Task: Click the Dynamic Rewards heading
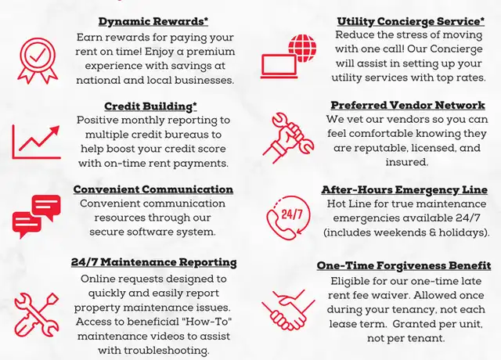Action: [x=153, y=21]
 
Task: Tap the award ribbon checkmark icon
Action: [x=38, y=61]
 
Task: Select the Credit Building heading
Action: [x=150, y=106]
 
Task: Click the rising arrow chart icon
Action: [x=37, y=142]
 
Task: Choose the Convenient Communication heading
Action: [x=153, y=189]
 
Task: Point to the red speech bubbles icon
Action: [x=37, y=217]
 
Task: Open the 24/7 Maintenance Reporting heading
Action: [x=154, y=262]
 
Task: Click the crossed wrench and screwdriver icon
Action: [x=37, y=315]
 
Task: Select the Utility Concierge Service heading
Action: [x=410, y=21]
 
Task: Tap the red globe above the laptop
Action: [x=302, y=48]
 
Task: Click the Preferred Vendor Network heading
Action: [x=408, y=105]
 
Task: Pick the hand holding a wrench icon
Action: [x=288, y=138]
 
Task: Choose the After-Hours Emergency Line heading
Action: [x=405, y=189]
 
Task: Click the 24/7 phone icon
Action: [x=288, y=218]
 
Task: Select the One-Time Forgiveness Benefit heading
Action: [x=404, y=266]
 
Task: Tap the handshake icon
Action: [x=288, y=310]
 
